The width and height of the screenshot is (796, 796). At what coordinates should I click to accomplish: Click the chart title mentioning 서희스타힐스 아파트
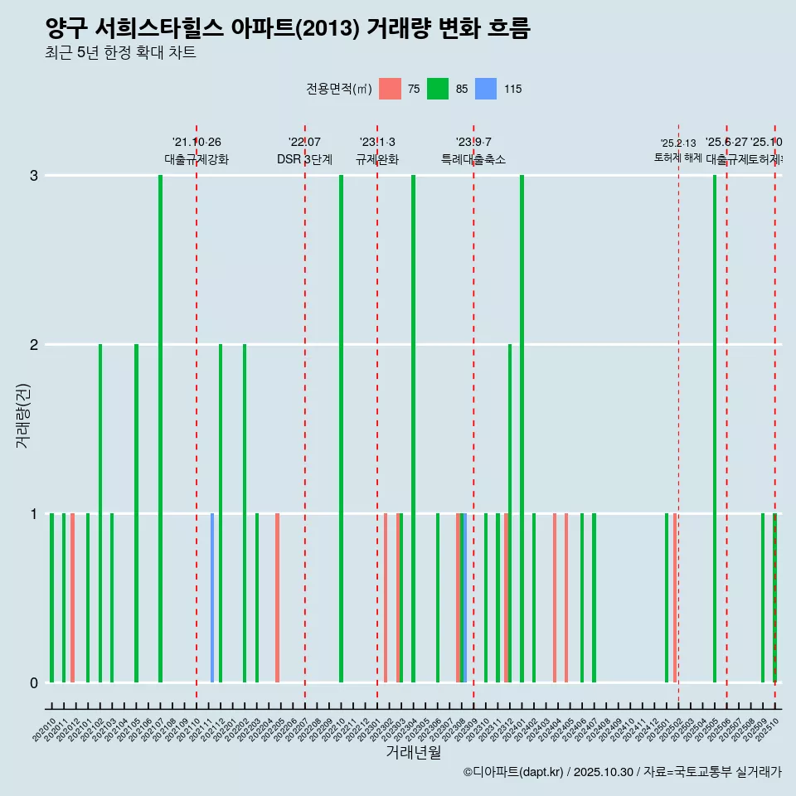tap(287, 29)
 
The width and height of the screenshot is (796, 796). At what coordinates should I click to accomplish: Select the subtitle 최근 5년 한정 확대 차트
tap(120, 54)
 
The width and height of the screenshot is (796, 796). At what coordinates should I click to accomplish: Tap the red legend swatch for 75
tap(390, 89)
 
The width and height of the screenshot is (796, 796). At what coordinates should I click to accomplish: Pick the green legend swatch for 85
tap(438, 89)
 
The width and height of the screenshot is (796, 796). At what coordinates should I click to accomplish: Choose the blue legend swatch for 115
tap(486, 89)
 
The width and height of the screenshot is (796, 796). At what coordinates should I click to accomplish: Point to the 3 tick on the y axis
tap(34, 176)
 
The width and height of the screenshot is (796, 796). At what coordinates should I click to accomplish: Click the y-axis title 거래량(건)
tap(23, 415)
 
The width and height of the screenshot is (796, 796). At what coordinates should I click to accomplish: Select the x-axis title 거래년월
tap(413, 752)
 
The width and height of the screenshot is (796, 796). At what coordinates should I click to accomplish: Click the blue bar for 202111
tap(212, 597)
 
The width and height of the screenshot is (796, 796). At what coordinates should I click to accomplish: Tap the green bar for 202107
tap(160, 429)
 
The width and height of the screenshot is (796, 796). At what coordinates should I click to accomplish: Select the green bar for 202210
tap(341, 429)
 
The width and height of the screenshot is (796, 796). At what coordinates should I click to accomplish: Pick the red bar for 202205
tap(277, 597)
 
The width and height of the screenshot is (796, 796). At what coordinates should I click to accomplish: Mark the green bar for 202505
tap(715, 429)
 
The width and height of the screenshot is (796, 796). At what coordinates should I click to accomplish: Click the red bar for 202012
tap(73, 597)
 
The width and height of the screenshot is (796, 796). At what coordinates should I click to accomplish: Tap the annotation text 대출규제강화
tap(197, 159)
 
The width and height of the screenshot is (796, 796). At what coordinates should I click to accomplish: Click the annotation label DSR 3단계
tap(304, 159)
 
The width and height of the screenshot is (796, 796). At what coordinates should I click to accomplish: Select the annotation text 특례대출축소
tap(473, 159)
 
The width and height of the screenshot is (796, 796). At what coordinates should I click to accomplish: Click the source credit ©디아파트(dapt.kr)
tap(512, 772)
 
